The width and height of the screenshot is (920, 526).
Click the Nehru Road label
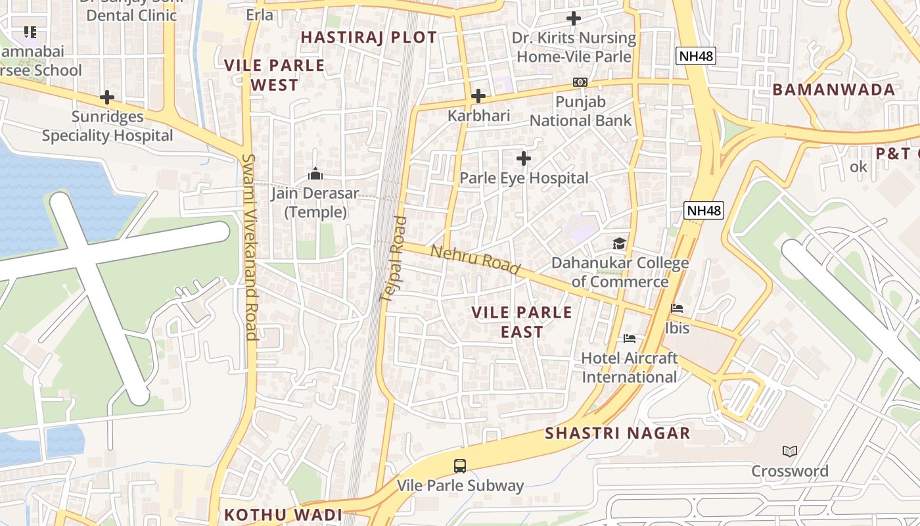click(x=475, y=260)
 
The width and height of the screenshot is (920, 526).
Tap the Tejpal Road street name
click(x=395, y=260)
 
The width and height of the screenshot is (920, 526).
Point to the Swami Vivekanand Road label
click(x=250, y=247)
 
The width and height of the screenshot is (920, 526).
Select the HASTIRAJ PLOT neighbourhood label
click(x=369, y=37)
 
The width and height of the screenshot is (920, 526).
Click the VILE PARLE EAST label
click(x=522, y=322)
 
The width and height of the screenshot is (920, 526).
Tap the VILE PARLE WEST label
click(x=275, y=75)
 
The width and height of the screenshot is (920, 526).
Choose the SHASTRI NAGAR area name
click(x=618, y=433)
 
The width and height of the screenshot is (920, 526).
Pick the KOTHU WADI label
click(x=283, y=515)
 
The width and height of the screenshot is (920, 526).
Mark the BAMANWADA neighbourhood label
click(x=833, y=90)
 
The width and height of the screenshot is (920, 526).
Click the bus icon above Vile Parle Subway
click(x=460, y=466)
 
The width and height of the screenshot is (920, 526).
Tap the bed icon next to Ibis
click(x=677, y=308)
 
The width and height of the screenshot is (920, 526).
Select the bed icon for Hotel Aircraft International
click(x=630, y=339)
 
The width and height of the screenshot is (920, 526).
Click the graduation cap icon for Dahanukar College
click(x=620, y=244)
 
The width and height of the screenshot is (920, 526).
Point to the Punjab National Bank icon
click(x=580, y=82)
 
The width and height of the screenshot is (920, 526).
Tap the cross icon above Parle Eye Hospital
click(x=523, y=158)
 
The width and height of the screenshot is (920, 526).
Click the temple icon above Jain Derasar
click(x=315, y=174)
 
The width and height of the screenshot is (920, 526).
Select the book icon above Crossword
click(x=790, y=452)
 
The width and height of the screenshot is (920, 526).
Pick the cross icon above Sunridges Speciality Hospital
click(x=107, y=98)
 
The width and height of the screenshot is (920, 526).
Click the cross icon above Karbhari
click(x=478, y=97)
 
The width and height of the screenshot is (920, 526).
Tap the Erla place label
click(x=260, y=14)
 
